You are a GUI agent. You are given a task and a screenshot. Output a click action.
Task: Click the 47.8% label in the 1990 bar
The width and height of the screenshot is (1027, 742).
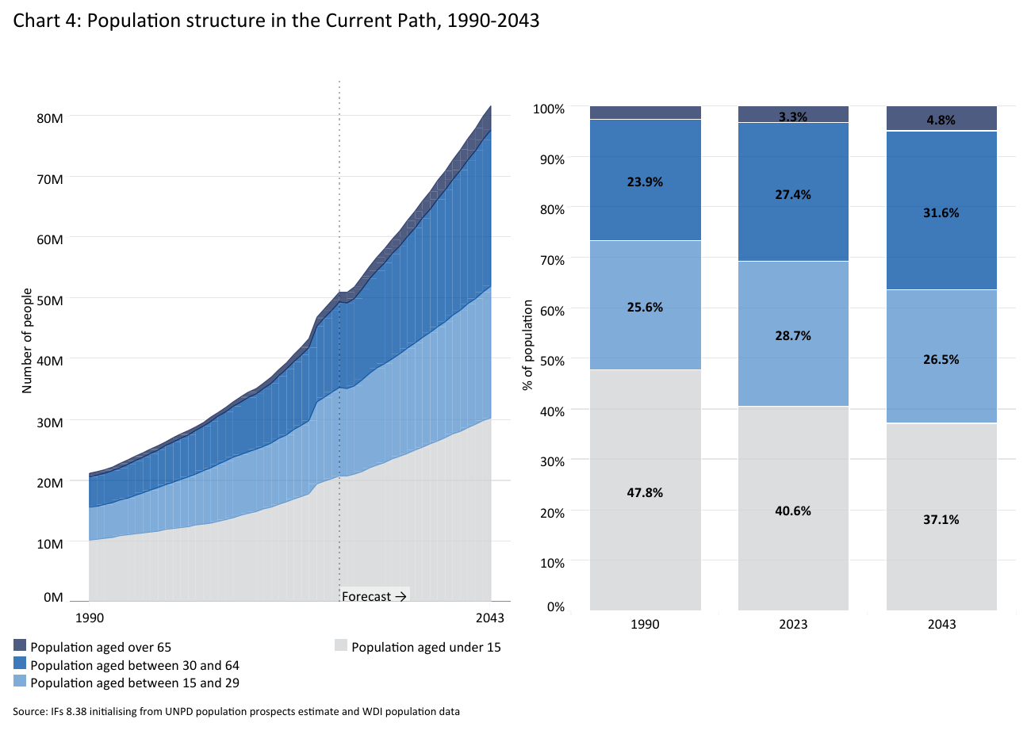tap(645, 493)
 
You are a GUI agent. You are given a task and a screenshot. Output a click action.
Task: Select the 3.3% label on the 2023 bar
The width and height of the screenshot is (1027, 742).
tap(792, 117)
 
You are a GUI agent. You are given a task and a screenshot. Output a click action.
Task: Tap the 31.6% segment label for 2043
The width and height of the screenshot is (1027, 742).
tap(941, 213)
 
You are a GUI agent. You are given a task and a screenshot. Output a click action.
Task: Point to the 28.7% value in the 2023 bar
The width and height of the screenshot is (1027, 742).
tap(793, 336)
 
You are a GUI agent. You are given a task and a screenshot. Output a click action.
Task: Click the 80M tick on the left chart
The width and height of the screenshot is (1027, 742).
tap(50, 118)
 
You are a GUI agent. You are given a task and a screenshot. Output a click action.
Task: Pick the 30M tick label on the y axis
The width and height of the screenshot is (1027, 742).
tap(50, 423)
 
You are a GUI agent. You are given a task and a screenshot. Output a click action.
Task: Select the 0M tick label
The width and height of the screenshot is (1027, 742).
tap(53, 598)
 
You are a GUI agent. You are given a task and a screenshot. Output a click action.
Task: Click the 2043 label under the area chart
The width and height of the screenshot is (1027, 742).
tap(490, 618)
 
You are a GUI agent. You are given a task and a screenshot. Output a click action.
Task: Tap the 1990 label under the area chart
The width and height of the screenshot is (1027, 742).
tap(89, 618)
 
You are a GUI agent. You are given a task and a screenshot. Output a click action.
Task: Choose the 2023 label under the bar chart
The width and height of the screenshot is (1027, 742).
tap(793, 625)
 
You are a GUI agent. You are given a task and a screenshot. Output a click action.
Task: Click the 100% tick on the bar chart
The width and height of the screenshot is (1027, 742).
tap(549, 109)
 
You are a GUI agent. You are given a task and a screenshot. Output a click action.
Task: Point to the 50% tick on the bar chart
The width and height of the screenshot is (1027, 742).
tap(552, 361)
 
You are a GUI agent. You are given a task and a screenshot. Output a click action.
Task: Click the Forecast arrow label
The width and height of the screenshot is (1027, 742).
tap(374, 596)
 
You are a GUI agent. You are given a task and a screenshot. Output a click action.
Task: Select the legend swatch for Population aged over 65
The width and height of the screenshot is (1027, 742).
tap(20, 646)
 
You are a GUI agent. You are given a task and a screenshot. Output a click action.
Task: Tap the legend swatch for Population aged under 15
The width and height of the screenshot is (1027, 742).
tap(341, 646)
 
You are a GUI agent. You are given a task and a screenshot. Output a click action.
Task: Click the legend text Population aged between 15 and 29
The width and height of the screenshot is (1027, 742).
tap(135, 683)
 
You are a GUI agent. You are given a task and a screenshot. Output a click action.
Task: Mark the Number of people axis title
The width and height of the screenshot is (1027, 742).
tap(27, 341)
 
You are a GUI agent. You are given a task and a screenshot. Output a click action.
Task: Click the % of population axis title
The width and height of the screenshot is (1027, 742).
tap(528, 346)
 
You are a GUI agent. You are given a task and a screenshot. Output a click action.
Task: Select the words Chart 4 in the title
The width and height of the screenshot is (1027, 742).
tap(44, 21)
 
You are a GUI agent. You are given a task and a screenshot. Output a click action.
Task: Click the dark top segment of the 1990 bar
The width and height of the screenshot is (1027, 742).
tap(645, 113)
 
